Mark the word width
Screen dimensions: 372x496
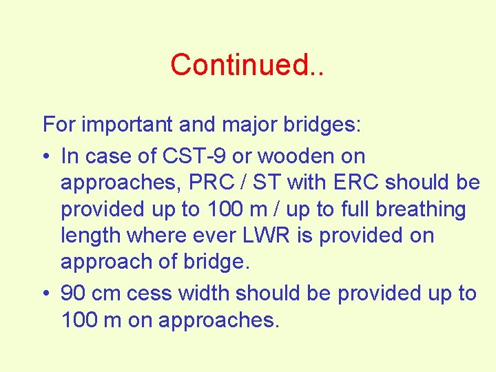(204, 293)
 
